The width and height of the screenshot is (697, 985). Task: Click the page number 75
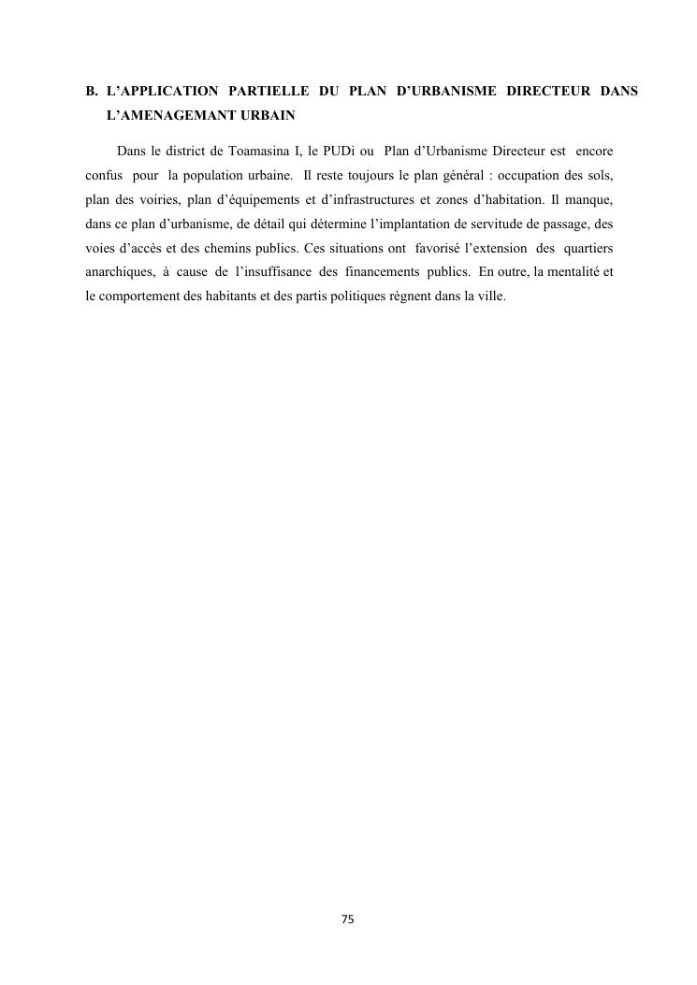(348, 919)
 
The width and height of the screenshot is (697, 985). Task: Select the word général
(461, 177)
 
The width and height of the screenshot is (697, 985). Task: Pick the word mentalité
(574, 278)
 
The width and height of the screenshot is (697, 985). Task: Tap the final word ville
(491, 303)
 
